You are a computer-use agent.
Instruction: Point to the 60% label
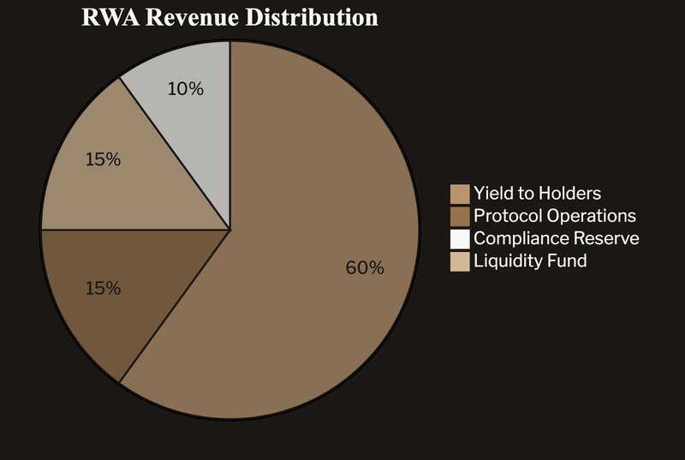click(365, 268)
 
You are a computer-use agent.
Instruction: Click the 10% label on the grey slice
click(185, 88)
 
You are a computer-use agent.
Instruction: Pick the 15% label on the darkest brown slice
click(103, 289)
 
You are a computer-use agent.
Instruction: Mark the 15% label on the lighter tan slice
click(103, 159)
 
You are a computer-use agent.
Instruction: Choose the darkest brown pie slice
click(128, 300)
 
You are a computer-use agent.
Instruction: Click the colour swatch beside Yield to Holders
click(460, 194)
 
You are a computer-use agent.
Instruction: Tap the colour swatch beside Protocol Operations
click(460, 216)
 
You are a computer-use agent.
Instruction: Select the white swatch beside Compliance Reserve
click(460, 238)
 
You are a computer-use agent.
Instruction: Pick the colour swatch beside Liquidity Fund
click(460, 261)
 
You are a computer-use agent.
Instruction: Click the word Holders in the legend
click(569, 194)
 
